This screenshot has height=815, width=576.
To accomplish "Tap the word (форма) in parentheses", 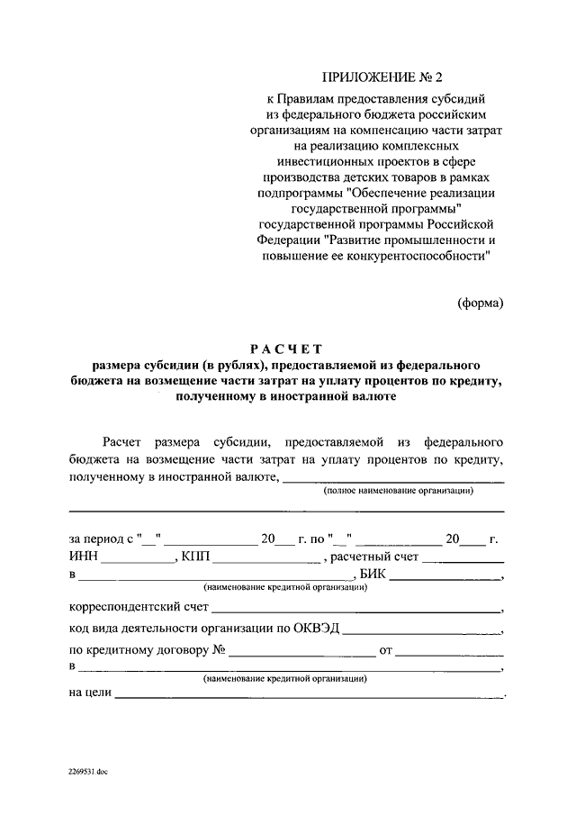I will coord(480,303).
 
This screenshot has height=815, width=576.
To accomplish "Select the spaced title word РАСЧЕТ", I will coord(286,349).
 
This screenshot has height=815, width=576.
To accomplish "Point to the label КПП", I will coord(195,557).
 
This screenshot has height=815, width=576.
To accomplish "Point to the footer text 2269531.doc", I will coord(86,772).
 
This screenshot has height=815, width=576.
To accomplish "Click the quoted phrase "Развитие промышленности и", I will coord(411,240).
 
